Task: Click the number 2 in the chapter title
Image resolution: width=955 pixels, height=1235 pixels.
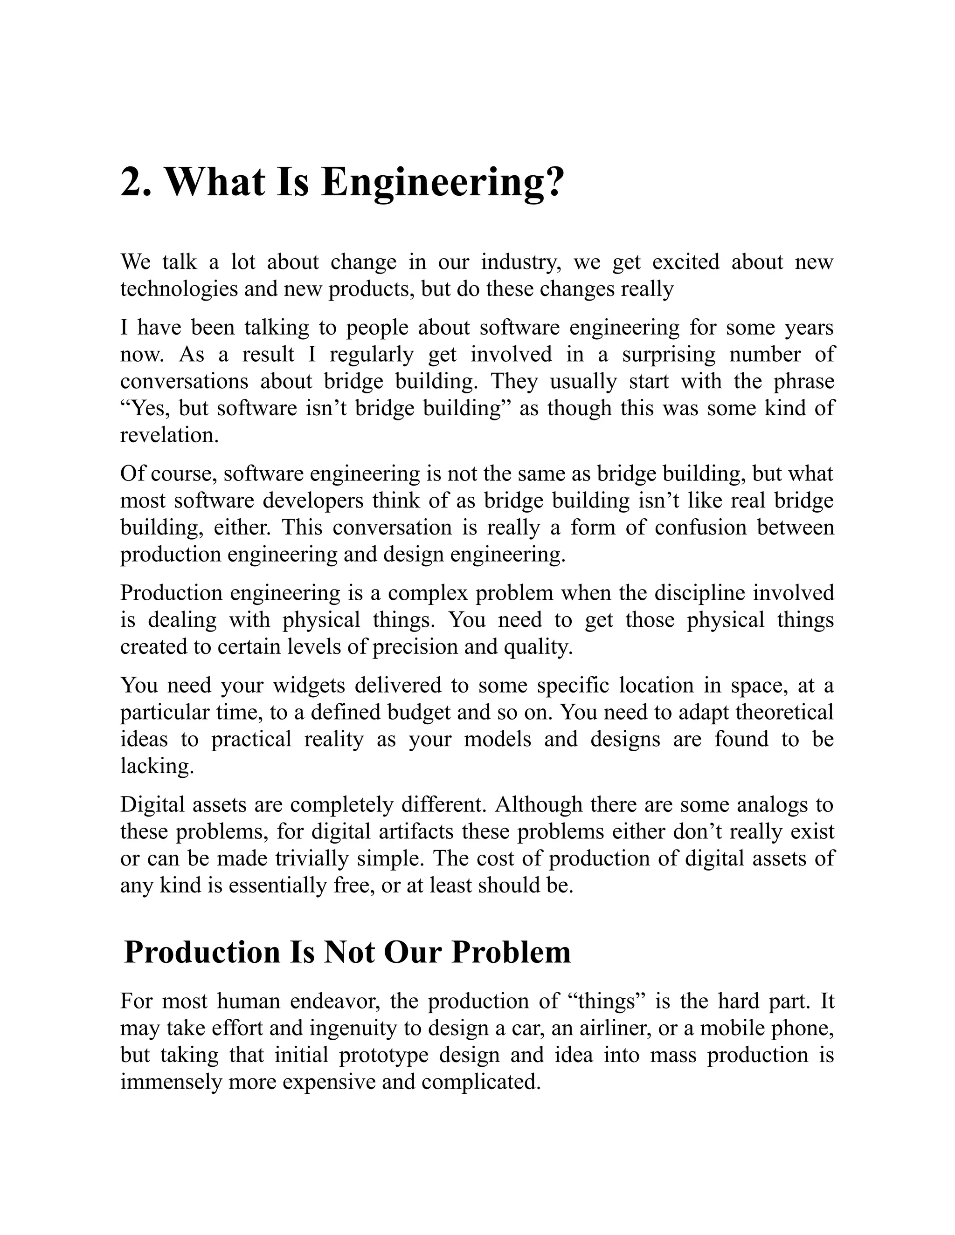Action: click(136, 182)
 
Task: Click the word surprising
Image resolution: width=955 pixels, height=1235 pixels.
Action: click(668, 354)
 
